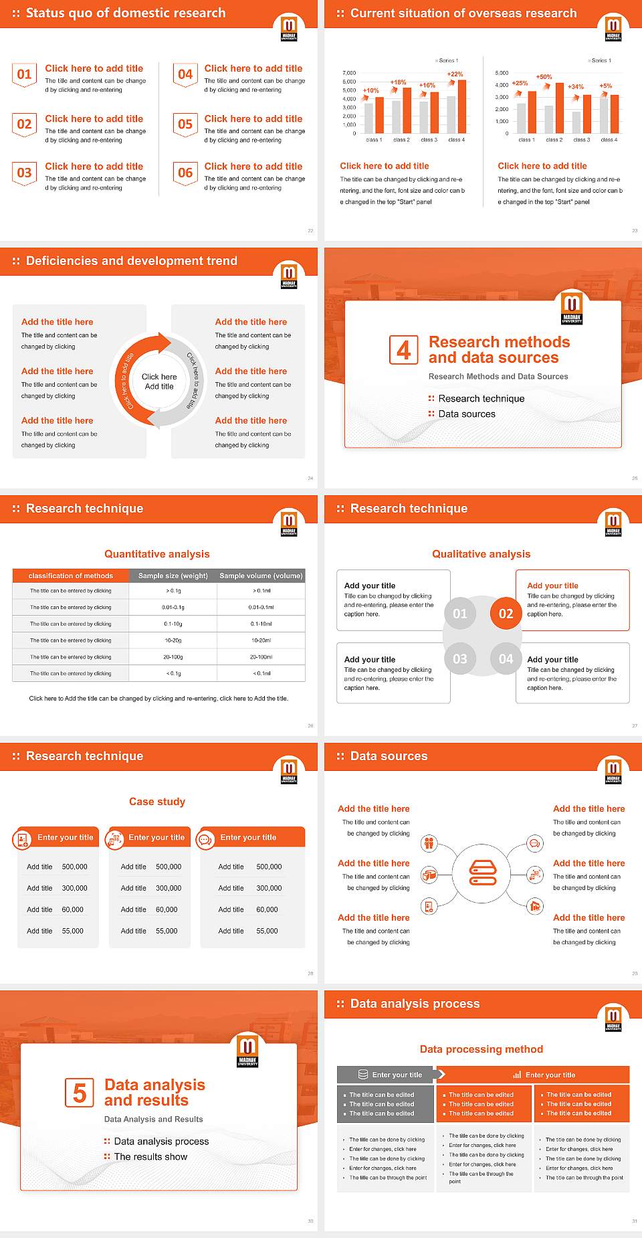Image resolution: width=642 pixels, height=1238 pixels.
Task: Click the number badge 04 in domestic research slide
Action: tap(185, 74)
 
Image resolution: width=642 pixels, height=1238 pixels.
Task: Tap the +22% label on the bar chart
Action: tap(455, 74)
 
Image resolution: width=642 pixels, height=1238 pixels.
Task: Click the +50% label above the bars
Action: tap(544, 77)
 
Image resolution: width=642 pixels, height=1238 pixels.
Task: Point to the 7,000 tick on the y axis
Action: tap(349, 73)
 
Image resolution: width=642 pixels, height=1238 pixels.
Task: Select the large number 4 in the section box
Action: tap(404, 350)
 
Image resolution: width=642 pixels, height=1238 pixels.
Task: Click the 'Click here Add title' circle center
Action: tap(159, 381)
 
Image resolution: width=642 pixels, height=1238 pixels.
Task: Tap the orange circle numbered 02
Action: tap(506, 614)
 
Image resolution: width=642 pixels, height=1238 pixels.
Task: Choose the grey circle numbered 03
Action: tap(460, 659)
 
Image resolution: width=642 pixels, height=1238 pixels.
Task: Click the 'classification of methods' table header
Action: tap(71, 576)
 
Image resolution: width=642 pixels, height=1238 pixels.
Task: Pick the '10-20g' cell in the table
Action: tap(173, 640)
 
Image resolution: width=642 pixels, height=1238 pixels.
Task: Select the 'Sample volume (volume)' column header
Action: tap(261, 576)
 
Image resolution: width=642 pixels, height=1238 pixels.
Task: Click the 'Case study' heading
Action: tap(157, 802)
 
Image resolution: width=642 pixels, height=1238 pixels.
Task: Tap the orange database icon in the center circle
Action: tap(483, 873)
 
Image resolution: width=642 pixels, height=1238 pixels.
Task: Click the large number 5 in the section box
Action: tap(80, 1093)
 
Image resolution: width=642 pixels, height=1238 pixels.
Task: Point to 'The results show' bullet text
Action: tap(150, 1156)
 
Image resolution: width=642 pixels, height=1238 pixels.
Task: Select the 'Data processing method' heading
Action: tap(481, 1049)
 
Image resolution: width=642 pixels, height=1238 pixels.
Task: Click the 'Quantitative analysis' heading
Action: tap(157, 554)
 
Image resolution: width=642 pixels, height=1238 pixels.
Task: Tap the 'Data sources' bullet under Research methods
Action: tap(467, 414)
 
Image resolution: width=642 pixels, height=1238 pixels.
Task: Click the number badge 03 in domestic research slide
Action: tap(24, 173)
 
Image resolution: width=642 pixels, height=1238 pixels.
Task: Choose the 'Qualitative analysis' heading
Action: tap(481, 554)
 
